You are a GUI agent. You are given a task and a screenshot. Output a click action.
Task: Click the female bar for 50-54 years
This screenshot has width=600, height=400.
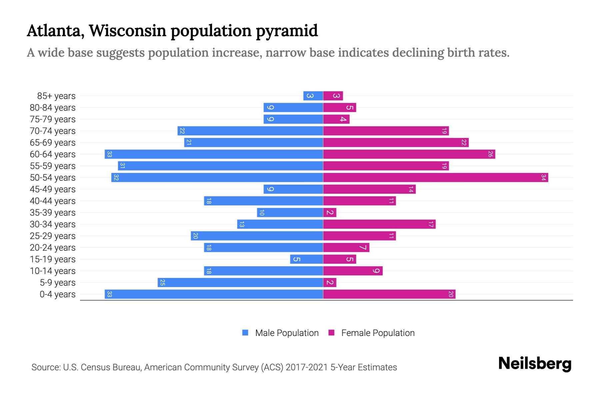tap(435, 177)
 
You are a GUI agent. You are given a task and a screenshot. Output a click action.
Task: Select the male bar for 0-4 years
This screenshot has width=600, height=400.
tap(214, 294)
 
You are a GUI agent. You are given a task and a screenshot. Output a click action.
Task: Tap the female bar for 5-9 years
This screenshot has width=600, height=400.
tap(330, 282)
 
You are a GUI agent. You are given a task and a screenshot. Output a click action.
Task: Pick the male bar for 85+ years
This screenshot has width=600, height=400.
tap(313, 96)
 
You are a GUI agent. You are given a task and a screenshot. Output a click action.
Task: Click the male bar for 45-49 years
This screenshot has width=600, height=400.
tap(293, 189)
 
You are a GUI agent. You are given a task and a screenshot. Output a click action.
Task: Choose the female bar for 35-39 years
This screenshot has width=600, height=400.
tap(330, 212)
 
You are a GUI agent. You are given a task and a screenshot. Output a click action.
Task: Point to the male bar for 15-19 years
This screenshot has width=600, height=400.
tap(306, 259)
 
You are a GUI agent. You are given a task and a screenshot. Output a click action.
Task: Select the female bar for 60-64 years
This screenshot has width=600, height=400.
tap(409, 154)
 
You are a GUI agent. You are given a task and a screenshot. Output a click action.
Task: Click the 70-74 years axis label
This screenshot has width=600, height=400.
tap(53, 131)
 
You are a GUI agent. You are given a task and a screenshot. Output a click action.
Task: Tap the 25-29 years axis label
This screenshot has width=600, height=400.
tap(53, 236)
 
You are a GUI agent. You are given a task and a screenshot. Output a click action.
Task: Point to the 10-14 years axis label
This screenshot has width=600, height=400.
tap(53, 271)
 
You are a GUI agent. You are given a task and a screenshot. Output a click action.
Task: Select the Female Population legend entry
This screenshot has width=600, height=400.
tap(372, 333)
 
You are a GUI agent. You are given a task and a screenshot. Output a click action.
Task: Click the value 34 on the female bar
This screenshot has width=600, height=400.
tap(543, 177)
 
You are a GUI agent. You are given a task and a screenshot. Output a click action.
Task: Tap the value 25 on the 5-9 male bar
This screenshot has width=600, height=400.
tap(162, 282)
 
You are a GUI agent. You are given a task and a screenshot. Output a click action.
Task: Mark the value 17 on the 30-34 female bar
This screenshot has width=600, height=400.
tap(431, 224)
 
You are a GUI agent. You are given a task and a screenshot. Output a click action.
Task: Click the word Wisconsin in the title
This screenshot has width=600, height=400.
tap(128, 31)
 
